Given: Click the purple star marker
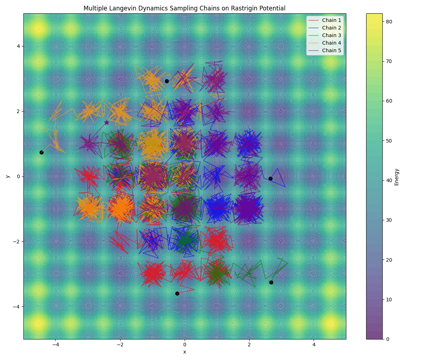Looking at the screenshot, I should click(x=107, y=122).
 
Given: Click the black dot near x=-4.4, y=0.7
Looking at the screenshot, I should click(x=41, y=152).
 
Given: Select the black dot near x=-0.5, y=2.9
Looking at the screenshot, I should click(x=167, y=81).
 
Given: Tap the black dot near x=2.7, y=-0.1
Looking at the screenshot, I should click(x=270, y=179).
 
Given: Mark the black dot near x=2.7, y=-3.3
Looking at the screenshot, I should click(x=271, y=282).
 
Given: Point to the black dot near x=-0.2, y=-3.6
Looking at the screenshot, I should click(x=177, y=293).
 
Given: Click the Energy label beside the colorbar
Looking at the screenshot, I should click(x=396, y=177).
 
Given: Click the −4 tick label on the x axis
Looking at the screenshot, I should click(x=55, y=345).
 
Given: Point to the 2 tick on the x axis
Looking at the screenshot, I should click(x=249, y=345).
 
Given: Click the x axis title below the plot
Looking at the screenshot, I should click(x=185, y=352).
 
